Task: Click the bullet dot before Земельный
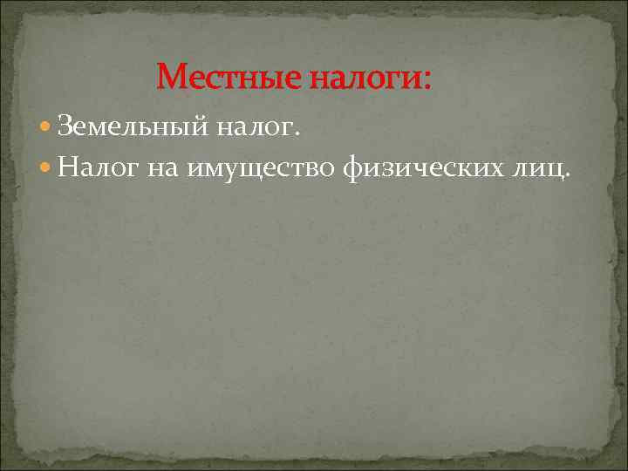[x=45, y=129]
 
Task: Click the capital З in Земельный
[x=65, y=129]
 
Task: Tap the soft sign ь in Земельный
[x=143, y=130]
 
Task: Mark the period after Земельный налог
[x=297, y=135]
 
